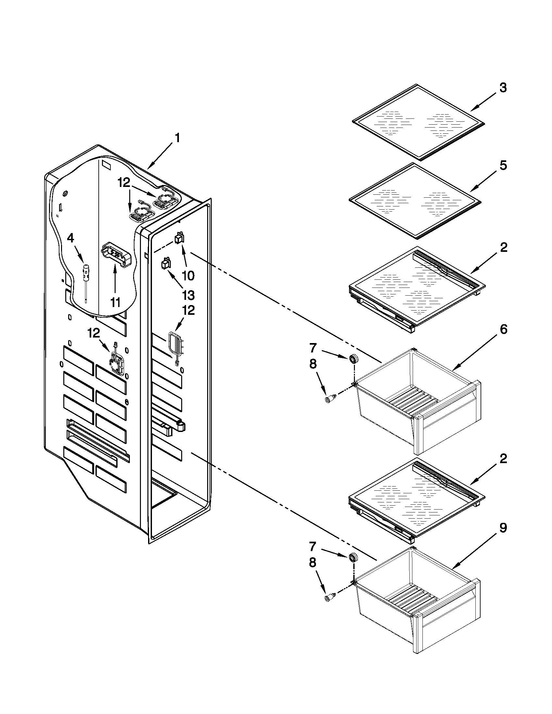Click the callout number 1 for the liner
177,138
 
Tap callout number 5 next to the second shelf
503,166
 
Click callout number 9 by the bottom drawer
503,528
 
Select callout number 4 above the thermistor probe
70,238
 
